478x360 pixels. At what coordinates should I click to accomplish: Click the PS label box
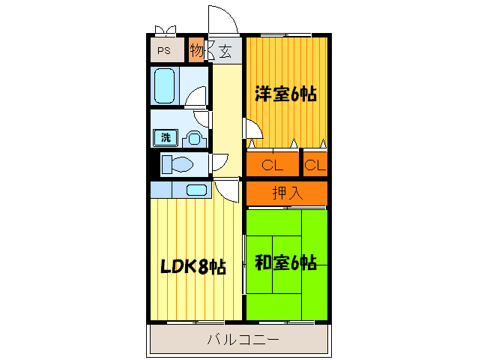pos(164,51)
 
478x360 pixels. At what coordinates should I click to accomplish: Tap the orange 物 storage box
pos(196,50)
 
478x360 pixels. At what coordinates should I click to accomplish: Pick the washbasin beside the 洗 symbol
pos(193,138)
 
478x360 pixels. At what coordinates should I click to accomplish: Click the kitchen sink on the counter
pos(196,190)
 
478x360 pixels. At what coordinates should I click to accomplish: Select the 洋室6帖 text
pos(285,94)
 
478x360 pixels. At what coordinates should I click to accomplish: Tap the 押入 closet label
pos(287,193)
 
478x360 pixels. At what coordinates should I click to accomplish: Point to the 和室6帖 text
pos(285,262)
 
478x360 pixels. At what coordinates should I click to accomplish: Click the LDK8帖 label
pos(192,266)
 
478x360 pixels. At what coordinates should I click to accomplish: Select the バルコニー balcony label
pos(243,340)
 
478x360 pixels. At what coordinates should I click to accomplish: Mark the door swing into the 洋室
pos(254,128)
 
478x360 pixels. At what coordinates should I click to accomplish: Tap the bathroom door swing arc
pos(197,97)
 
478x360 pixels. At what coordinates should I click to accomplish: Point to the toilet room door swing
pos(220,161)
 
